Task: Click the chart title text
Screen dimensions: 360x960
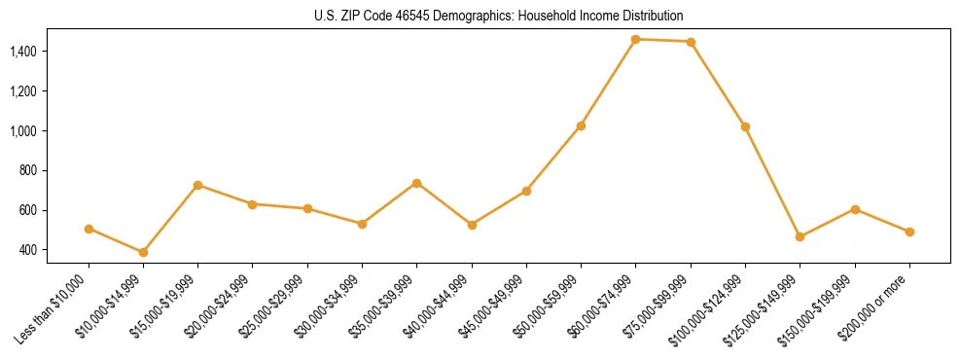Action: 499,16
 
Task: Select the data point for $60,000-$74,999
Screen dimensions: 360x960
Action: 636,39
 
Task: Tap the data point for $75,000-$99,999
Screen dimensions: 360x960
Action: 691,42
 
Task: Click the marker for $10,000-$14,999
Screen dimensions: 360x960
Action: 143,252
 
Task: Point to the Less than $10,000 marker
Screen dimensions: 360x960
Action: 89,229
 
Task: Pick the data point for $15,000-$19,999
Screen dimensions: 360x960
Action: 198,185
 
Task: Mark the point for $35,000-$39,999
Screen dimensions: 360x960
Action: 417,183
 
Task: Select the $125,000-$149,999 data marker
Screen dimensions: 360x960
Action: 800,236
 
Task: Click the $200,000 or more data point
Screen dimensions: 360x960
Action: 909,232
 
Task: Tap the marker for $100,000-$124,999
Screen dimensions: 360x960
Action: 745,126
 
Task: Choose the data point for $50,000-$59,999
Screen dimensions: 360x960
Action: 581,126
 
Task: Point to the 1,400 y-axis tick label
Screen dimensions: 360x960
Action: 49,51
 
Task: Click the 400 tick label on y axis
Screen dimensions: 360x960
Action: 53,250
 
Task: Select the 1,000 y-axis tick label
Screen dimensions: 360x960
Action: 49,130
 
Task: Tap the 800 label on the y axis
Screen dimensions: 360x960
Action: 53,170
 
